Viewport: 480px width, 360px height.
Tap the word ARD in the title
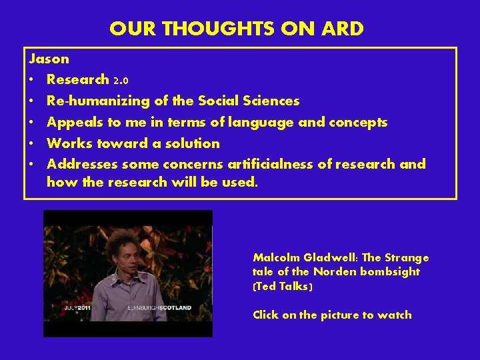[x=343, y=29]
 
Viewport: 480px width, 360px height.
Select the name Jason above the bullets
[x=49, y=59]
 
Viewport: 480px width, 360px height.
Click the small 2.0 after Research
[x=121, y=81]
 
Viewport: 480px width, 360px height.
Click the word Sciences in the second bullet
[x=271, y=101]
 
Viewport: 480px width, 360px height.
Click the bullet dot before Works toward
[x=33, y=144]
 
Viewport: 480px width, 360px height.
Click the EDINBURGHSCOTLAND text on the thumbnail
[x=159, y=309]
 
